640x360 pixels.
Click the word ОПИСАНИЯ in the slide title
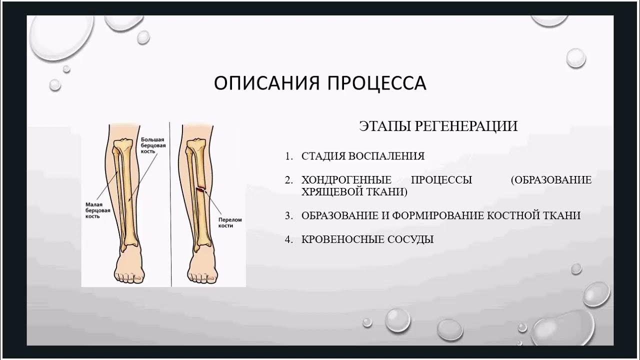click(266, 83)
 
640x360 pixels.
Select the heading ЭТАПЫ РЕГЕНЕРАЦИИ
click(438, 126)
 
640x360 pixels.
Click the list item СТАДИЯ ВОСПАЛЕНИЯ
click(363, 156)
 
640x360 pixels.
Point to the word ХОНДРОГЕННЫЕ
click(346, 180)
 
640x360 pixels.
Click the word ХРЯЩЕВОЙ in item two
click(330, 191)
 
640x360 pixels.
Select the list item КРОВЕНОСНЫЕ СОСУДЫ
click(367, 239)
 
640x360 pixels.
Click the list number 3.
click(288, 215)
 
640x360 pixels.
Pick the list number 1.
click(288, 156)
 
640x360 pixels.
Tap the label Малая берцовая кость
click(97, 210)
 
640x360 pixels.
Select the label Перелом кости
click(230, 222)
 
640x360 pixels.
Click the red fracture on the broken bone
click(200, 189)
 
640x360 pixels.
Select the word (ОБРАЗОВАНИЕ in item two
click(551, 180)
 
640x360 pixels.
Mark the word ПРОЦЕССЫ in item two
click(441, 180)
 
